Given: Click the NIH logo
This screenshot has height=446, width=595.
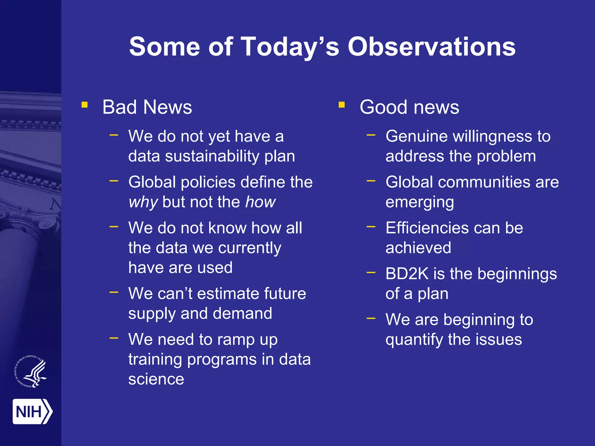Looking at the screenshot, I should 32,411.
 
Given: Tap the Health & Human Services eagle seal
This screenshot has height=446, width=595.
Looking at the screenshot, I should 31,372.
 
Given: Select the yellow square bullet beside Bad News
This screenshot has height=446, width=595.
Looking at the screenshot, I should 85,105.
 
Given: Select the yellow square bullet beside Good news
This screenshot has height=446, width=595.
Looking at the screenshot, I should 342,105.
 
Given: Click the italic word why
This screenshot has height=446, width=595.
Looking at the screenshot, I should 143,202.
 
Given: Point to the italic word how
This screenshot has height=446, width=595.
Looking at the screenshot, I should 260,202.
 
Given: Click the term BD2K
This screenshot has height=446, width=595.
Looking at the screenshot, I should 407,274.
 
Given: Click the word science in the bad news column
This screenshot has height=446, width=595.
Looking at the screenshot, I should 156,379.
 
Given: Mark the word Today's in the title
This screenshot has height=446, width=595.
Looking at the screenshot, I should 290,47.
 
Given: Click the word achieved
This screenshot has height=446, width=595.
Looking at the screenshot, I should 418,248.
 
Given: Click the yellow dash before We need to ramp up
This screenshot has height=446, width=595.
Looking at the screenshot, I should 114,338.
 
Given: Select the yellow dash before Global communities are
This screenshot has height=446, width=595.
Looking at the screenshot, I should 371,181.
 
